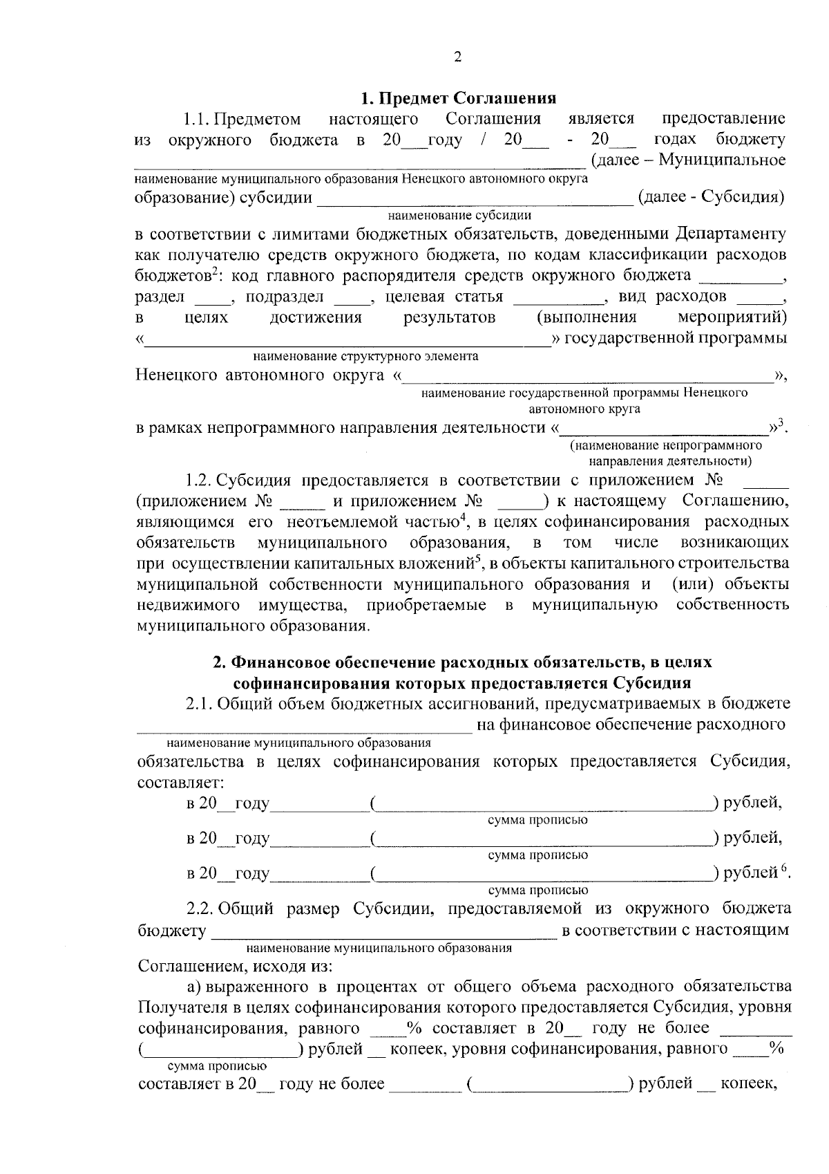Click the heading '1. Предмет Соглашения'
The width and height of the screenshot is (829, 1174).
(x=459, y=97)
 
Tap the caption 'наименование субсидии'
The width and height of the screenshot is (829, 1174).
(x=459, y=216)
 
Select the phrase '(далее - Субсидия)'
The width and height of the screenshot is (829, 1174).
(x=712, y=197)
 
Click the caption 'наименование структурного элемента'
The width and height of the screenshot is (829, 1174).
(x=365, y=357)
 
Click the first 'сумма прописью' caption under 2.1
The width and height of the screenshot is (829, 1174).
(x=537, y=820)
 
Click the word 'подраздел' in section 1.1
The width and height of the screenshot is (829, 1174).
(x=285, y=297)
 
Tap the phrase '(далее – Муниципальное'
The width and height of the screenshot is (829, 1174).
(x=688, y=160)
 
